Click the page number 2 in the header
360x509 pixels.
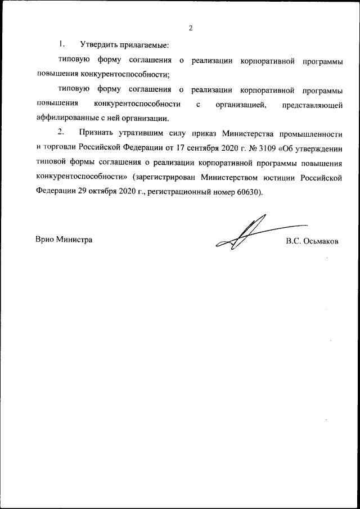tap(191, 28)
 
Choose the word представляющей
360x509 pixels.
tap(313, 105)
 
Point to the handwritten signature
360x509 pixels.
tap(247, 236)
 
